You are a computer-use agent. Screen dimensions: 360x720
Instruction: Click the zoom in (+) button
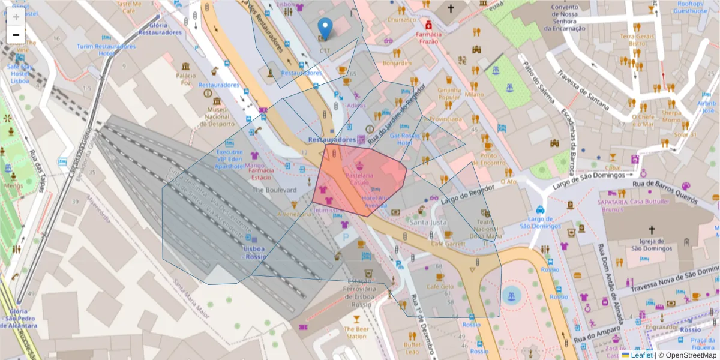pyautogui.click(x=16, y=17)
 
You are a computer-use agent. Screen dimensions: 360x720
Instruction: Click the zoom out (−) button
pyautogui.click(x=16, y=35)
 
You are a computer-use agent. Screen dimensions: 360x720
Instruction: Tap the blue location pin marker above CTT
pyautogui.click(x=325, y=28)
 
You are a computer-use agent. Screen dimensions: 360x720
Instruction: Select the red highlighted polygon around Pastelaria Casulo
pyautogui.click(x=360, y=180)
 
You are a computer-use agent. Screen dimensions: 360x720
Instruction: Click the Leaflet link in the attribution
pyautogui.click(x=641, y=355)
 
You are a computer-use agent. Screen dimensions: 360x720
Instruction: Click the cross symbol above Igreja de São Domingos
pyautogui.click(x=652, y=230)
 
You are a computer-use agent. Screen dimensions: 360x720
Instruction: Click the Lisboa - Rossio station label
pyautogui.click(x=254, y=253)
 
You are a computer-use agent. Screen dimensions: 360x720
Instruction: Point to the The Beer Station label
pyautogui.click(x=356, y=332)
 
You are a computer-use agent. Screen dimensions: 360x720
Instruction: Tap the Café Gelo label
pyautogui.click(x=439, y=287)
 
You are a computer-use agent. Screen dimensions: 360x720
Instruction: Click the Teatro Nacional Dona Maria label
pyautogui.click(x=486, y=229)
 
